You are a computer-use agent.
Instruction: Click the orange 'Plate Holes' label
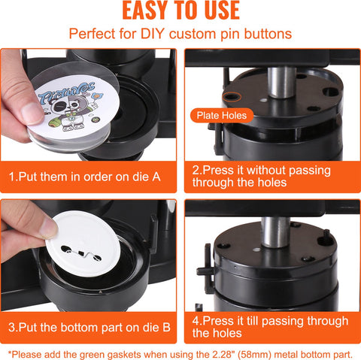coord(222,116)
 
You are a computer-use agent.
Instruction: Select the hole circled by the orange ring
coord(232,96)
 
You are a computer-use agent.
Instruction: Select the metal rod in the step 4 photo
coord(275,231)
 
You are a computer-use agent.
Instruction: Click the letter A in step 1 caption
coord(156,177)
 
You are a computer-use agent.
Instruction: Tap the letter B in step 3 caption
coord(166,328)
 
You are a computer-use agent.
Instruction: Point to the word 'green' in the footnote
coord(93,355)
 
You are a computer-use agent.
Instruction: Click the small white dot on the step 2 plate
coord(263,100)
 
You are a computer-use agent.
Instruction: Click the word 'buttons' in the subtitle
coord(268,34)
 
